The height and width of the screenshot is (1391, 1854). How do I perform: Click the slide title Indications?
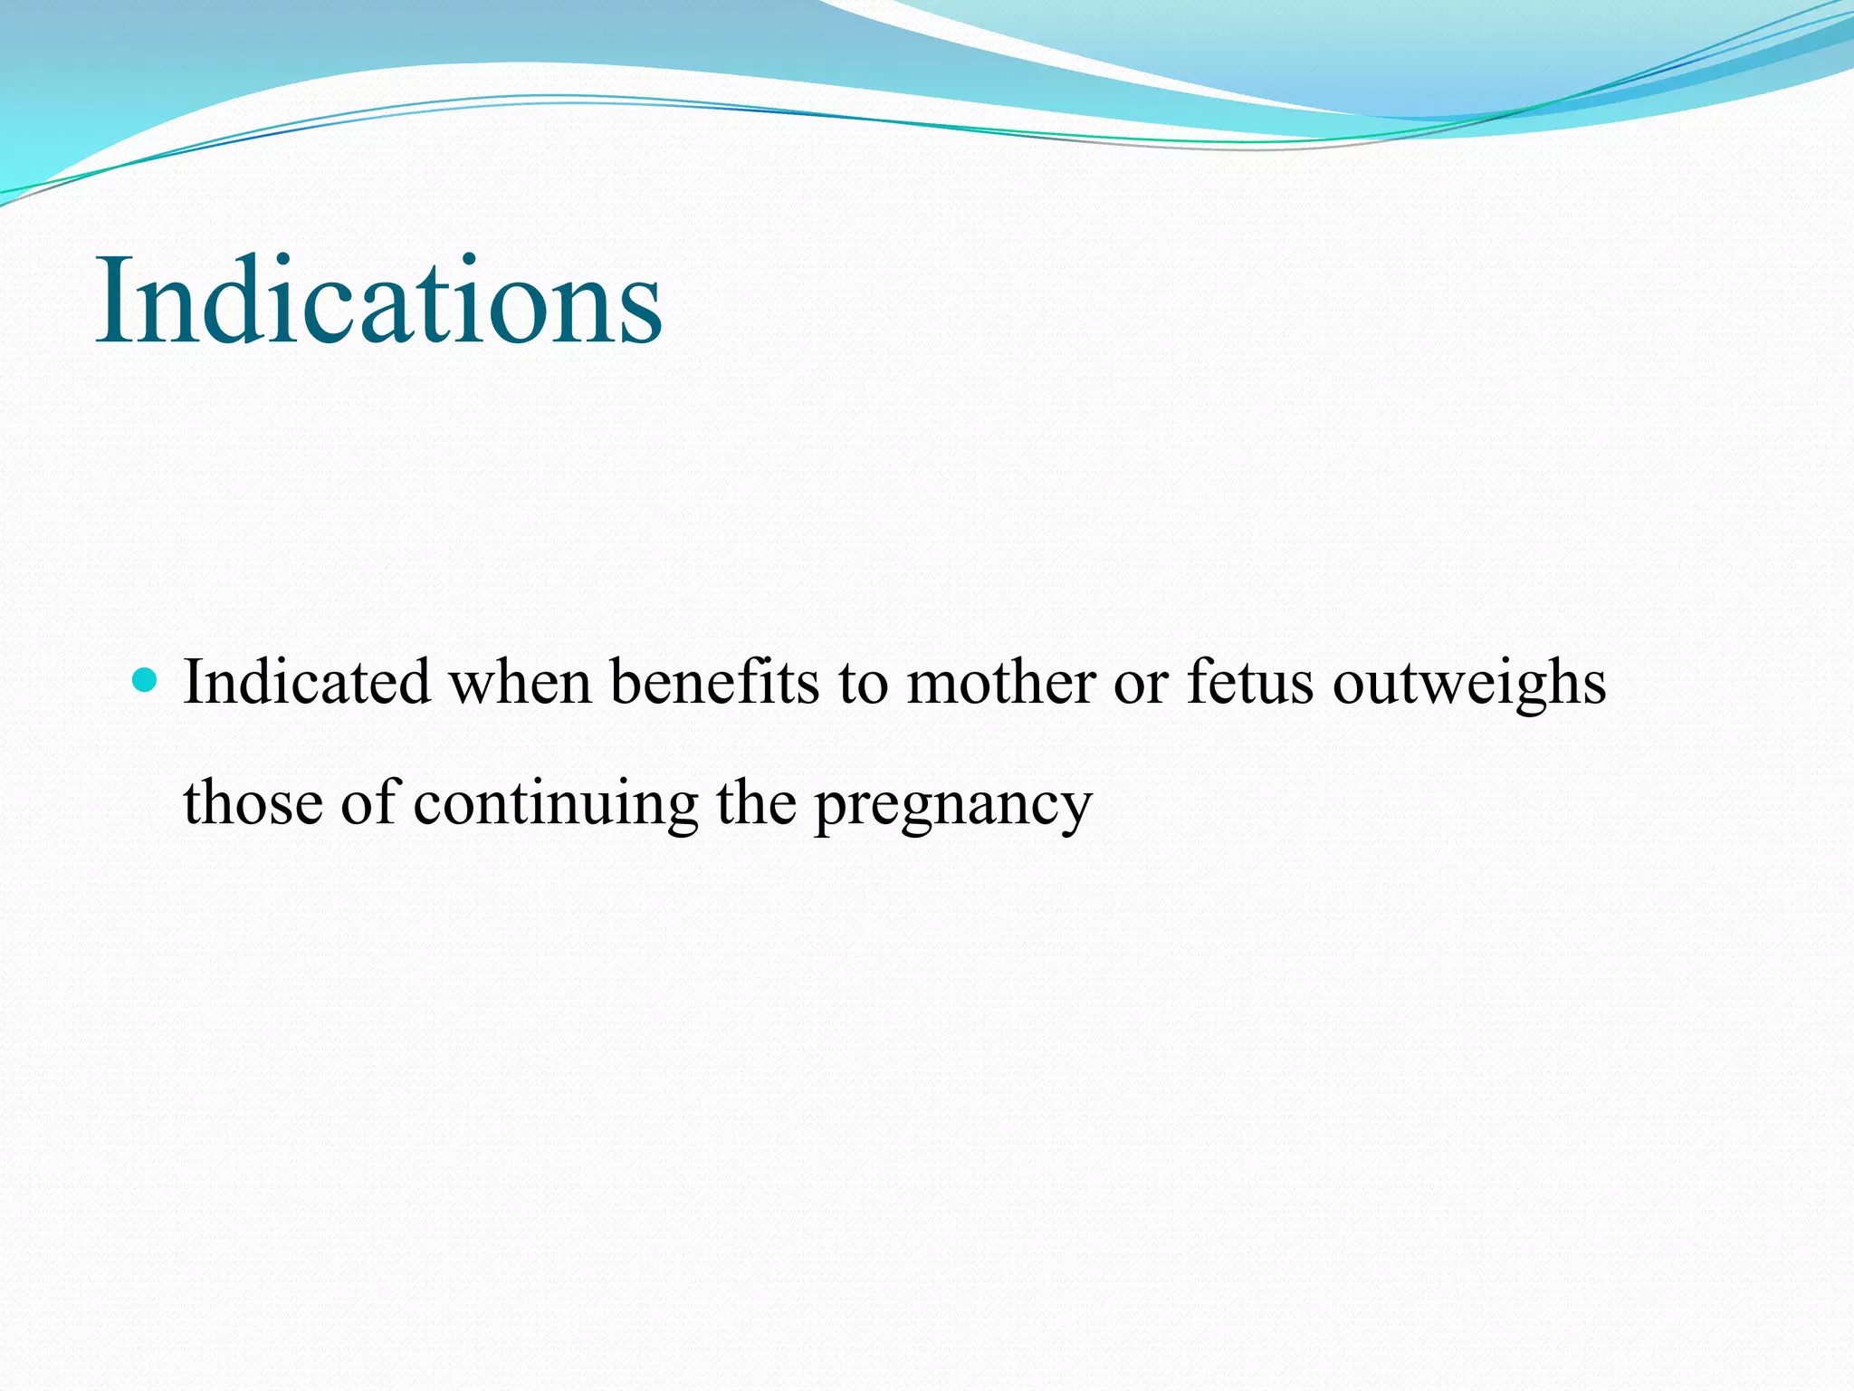[378, 301]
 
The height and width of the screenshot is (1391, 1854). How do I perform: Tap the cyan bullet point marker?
[144, 680]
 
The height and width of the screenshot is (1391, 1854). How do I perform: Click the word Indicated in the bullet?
[306, 682]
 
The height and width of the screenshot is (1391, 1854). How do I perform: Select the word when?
[521, 682]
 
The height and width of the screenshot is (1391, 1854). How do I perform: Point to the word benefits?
[714, 682]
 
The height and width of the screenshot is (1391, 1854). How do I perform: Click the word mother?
[1001, 682]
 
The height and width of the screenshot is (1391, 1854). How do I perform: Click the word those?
[253, 802]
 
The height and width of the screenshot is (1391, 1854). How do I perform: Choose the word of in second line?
[368, 802]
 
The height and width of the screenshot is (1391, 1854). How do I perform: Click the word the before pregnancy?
[756, 802]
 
